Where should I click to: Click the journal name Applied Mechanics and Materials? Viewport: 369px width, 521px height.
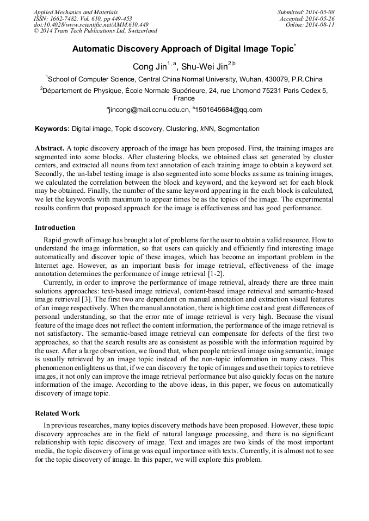point(76,12)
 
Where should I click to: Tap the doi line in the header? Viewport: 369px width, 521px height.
point(91,25)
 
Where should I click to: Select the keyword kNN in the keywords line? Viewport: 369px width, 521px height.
point(206,129)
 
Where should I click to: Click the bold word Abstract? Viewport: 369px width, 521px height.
point(50,148)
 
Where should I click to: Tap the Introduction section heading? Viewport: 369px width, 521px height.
point(55,227)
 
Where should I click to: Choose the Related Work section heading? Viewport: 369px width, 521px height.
point(57,413)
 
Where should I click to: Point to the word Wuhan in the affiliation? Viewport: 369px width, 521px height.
point(243,79)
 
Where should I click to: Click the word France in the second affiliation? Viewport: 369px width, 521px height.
point(184,99)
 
